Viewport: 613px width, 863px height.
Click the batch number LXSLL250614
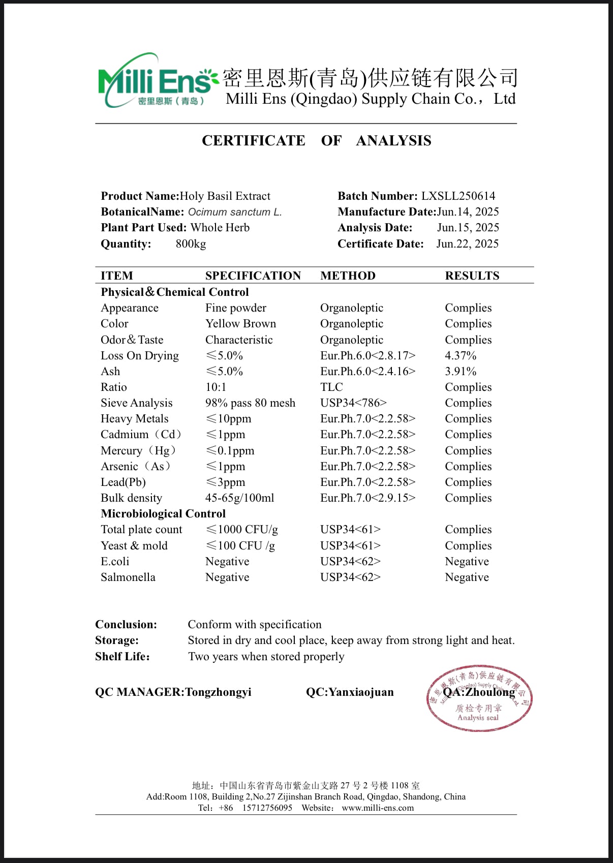458,196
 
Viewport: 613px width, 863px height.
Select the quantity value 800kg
191,244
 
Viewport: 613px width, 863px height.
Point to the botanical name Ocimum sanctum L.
235,212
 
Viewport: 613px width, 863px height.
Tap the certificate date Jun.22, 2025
467,244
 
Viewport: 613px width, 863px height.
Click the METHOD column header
348,276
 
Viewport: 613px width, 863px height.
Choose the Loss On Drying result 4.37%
461,356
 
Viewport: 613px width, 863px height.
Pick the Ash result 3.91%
461,372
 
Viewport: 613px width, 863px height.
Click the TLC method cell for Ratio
331,387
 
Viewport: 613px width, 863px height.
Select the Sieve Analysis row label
136,403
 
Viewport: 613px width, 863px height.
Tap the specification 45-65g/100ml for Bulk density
239,498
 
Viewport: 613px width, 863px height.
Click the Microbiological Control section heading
163,514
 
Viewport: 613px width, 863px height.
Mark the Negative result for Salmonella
467,577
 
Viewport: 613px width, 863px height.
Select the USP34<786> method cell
353,403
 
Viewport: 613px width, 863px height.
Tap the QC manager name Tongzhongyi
218,692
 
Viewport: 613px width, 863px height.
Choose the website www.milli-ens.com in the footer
378,808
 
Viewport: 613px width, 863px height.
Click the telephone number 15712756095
267,808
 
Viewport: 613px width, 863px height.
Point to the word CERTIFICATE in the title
253,141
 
